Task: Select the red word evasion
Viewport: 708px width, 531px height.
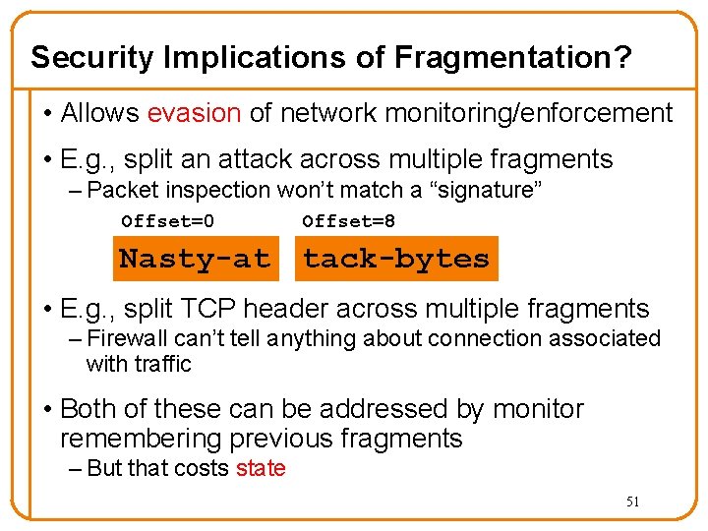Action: coord(194,113)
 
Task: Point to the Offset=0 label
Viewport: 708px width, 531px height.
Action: coord(167,221)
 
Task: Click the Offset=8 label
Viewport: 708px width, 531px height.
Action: coord(349,221)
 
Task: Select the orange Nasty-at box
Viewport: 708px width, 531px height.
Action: coord(194,259)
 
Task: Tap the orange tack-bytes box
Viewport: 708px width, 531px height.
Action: coord(396,259)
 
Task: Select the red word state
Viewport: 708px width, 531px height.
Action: coord(261,468)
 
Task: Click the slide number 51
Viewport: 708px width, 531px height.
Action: coord(633,501)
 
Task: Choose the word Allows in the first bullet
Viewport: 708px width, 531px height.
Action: coord(100,113)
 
